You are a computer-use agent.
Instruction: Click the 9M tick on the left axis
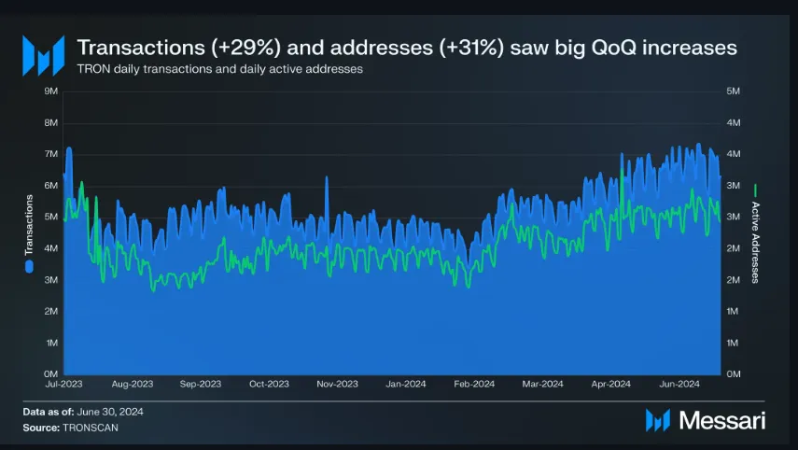(x=52, y=91)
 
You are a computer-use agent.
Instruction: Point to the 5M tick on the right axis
(x=733, y=91)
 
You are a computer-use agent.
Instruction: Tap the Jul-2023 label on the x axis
(x=63, y=384)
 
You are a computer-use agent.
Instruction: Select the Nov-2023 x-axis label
(x=337, y=384)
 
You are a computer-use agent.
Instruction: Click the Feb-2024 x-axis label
(x=474, y=384)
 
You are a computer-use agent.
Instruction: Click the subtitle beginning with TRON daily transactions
(x=219, y=68)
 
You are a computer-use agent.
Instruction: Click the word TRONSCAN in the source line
(x=91, y=427)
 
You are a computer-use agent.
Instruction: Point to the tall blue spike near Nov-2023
(x=326, y=179)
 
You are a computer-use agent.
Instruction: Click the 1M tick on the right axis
(x=733, y=343)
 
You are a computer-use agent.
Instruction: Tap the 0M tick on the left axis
(x=52, y=373)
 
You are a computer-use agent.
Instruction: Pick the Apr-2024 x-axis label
(x=611, y=384)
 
